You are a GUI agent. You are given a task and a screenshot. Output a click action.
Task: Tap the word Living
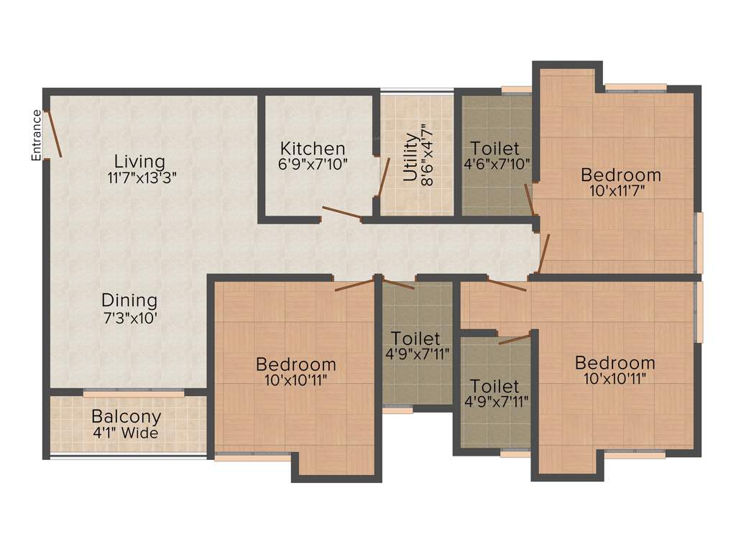(x=140, y=161)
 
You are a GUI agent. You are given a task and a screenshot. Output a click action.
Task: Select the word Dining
(x=129, y=300)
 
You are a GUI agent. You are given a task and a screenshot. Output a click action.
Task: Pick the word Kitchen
(x=313, y=148)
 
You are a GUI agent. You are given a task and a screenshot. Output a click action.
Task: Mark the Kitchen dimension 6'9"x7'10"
(x=313, y=164)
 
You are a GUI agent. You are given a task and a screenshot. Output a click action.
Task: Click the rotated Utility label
(x=410, y=157)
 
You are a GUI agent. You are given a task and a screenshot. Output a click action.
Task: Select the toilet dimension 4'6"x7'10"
(x=497, y=163)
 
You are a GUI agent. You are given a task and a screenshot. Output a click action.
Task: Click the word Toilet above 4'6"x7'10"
(x=497, y=148)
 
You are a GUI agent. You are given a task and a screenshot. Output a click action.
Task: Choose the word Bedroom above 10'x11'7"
(x=621, y=175)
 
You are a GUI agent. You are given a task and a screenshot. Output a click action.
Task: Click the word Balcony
(x=126, y=417)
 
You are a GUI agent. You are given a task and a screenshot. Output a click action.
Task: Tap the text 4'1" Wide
(x=126, y=433)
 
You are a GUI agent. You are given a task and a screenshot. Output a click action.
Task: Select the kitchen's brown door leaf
(x=341, y=212)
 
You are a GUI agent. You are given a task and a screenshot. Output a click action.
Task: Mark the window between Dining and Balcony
(x=134, y=393)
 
